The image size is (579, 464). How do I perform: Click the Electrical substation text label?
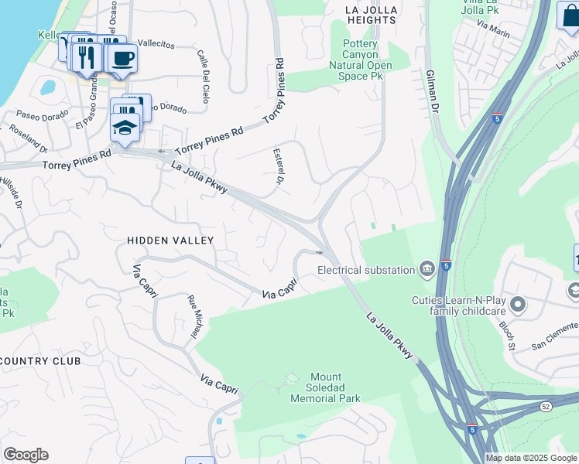[366, 270]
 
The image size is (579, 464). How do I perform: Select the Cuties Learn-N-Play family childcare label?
[461, 307]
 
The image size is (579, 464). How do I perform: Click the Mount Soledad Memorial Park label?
[325, 392]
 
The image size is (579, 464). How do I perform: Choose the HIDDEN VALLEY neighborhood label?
[170, 241]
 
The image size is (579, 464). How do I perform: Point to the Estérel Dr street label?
[276, 168]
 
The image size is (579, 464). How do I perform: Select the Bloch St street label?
[507, 336]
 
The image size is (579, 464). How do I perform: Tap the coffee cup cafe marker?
[122, 58]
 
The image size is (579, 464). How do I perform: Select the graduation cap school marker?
[125, 127]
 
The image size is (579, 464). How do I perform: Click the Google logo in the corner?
[26, 455]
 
